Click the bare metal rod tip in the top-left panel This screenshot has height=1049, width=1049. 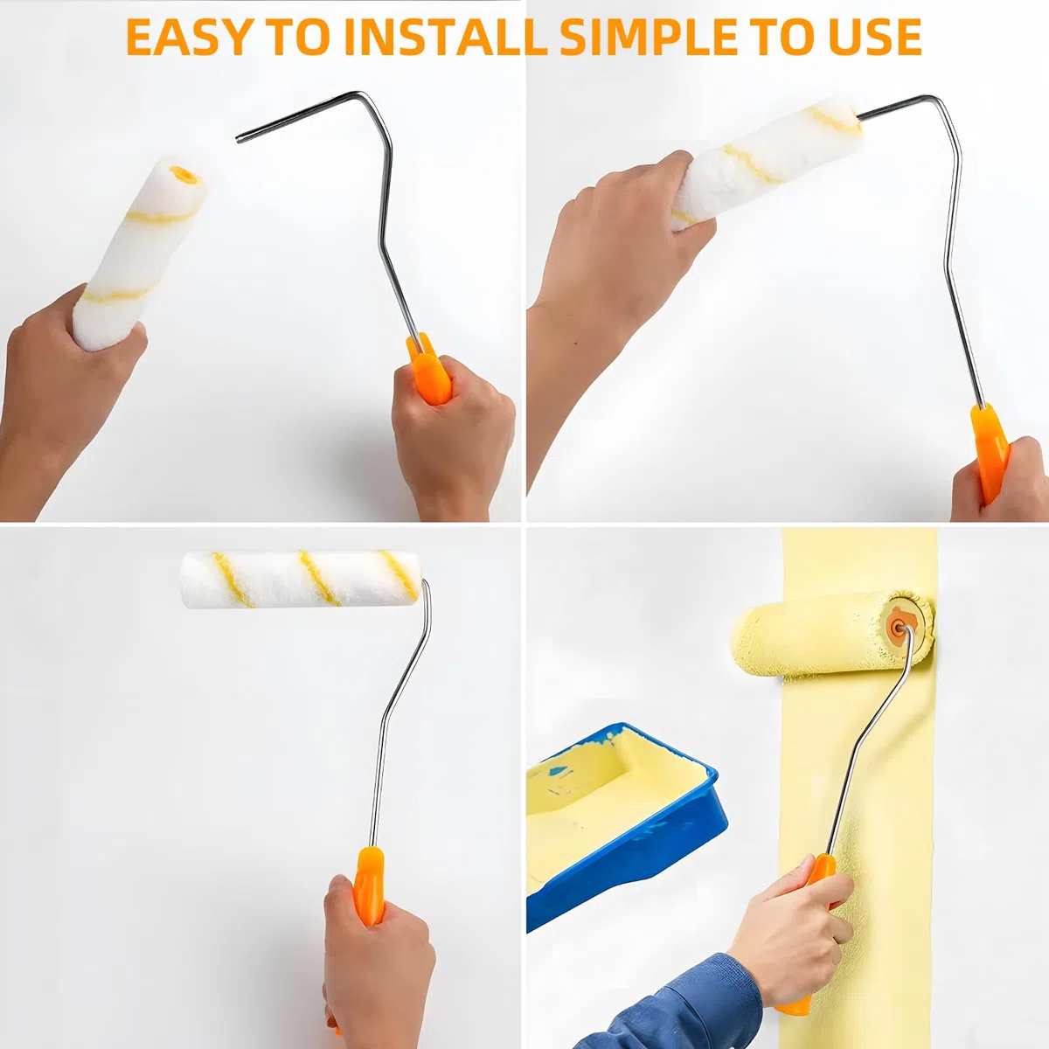click(x=240, y=139)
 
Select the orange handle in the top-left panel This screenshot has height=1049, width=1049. click(x=429, y=369)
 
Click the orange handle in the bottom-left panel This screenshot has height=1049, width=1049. click(x=369, y=893)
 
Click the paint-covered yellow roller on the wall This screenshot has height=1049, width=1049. click(x=832, y=634)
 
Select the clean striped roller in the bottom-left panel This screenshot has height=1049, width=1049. click(x=301, y=580)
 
